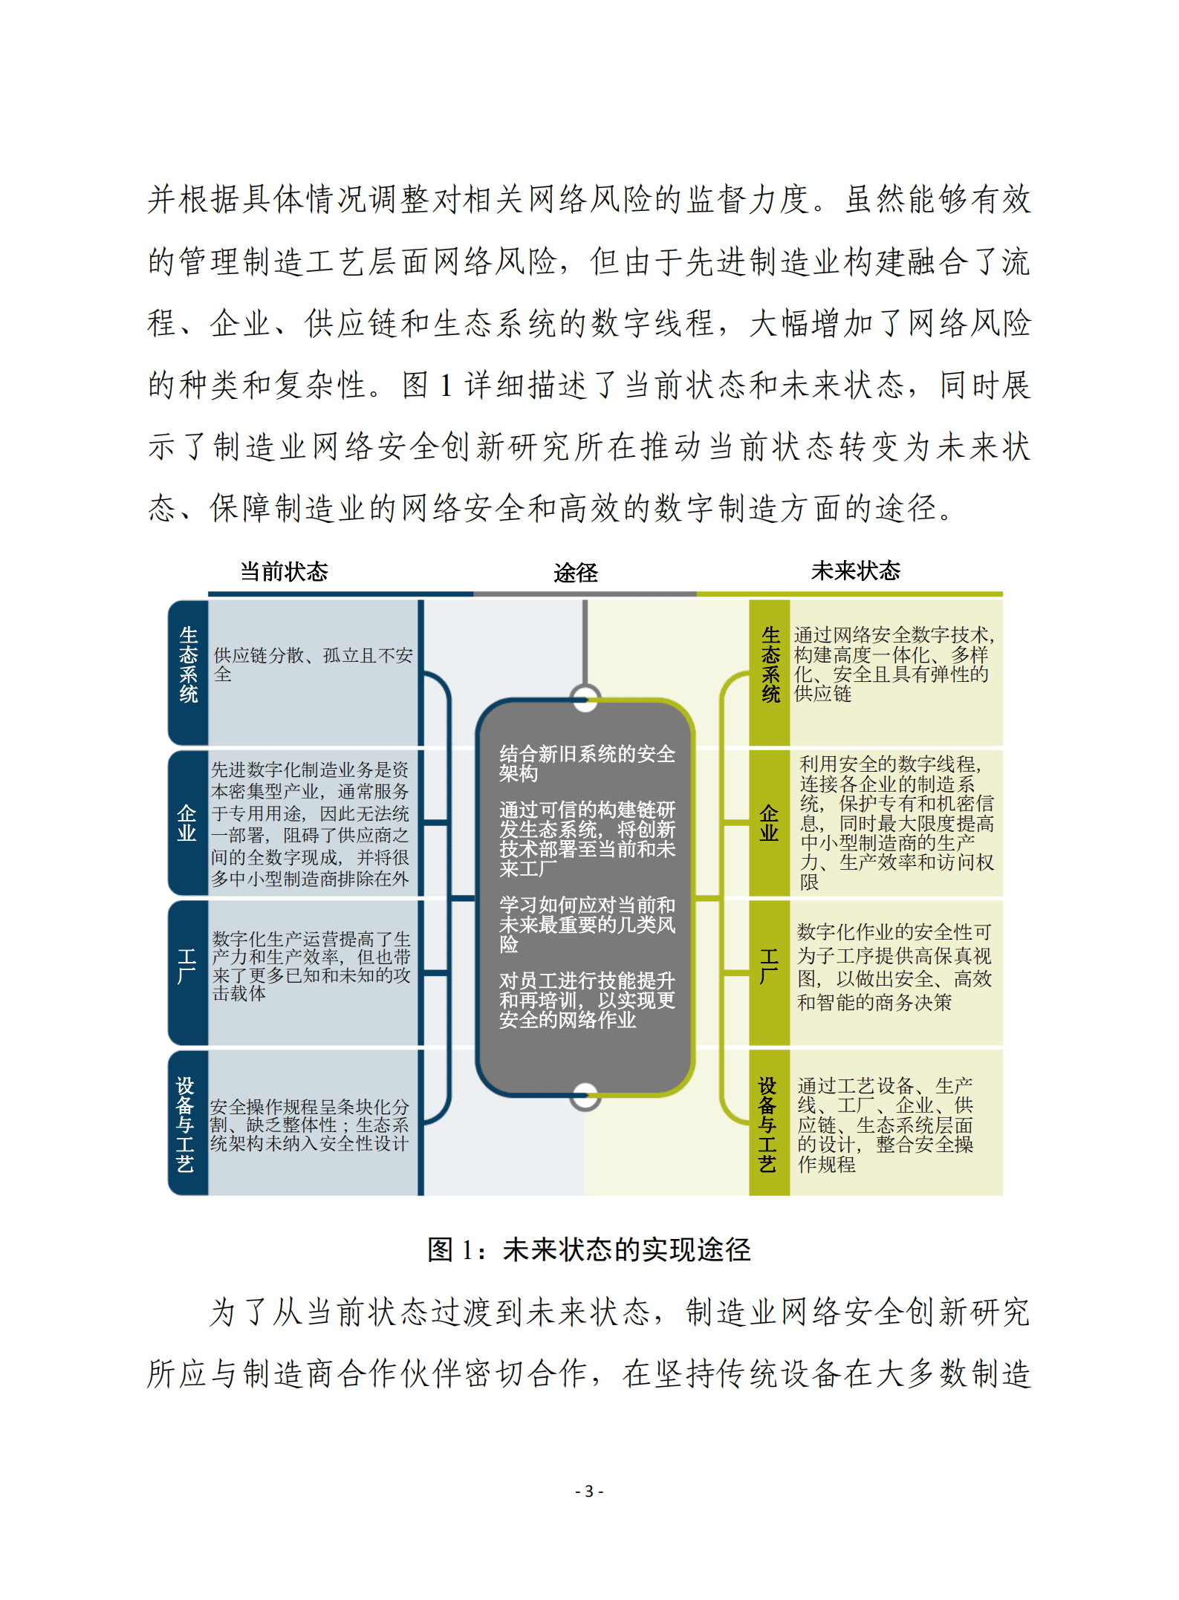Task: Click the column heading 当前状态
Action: coord(284,571)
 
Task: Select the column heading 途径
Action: coord(575,573)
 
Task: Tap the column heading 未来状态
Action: coord(855,570)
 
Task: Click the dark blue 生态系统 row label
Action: coord(189,665)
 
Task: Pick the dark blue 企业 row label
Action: coord(187,823)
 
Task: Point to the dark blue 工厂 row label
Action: coord(187,966)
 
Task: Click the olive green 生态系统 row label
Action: coord(770,665)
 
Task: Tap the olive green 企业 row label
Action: coord(769,823)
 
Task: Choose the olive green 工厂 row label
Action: coord(769,966)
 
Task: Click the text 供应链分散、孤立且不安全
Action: coord(312,665)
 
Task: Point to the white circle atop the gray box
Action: coord(585,699)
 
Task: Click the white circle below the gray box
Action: coord(585,1096)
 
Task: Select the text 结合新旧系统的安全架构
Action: coord(587,764)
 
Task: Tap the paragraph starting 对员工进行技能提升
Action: coord(587,1001)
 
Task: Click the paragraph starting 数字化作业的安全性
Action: coord(894,967)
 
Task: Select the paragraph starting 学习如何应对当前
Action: coord(587,924)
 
